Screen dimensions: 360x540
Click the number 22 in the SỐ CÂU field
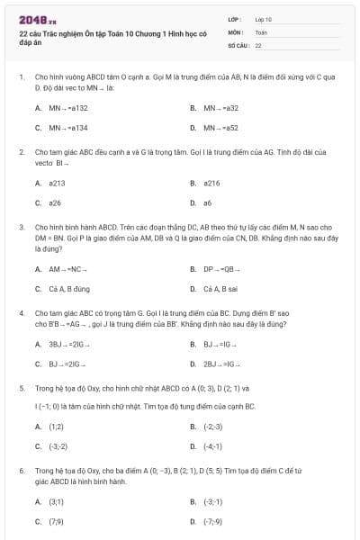click(x=258, y=44)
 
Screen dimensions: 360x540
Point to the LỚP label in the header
click(x=235, y=19)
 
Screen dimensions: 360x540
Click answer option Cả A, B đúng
click(x=69, y=289)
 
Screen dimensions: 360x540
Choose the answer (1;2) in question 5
click(x=56, y=427)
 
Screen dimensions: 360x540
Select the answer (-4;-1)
click(x=212, y=445)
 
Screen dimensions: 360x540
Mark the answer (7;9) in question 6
click(x=56, y=520)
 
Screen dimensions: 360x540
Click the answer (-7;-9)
click(x=213, y=520)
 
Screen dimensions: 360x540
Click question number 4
click(x=21, y=313)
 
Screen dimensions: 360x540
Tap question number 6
click(x=21, y=470)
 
